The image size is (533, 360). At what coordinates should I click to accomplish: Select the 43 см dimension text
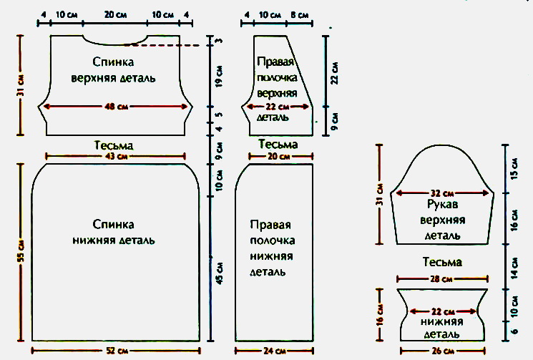[117, 155]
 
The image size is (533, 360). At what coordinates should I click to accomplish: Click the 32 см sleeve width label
[445, 193]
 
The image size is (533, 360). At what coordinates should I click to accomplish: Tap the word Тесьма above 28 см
[442, 263]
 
